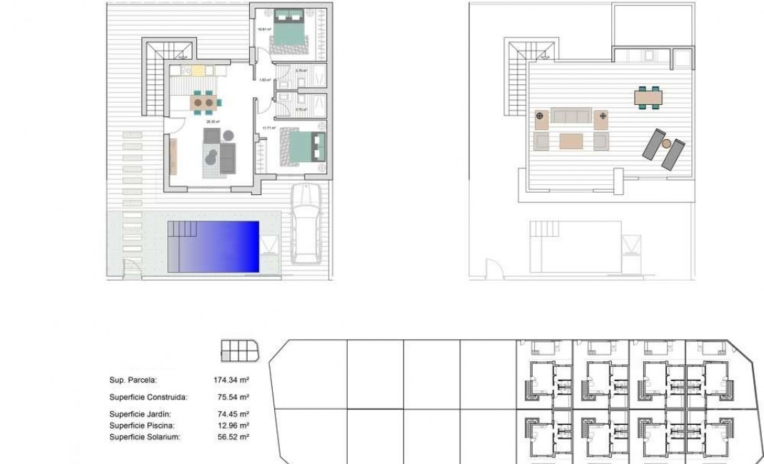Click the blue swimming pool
pyautogui.click(x=214, y=246)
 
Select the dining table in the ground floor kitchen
pyautogui.click(x=203, y=103)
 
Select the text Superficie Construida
pyautogui.click(x=149, y=397)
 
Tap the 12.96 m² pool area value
pyautogui.click(x=232, y=425)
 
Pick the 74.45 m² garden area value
pyautogui.click(x=232, y=414)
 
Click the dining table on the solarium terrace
pyautogui.click(x=648, y=96)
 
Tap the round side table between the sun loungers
pyautogui.click(x=666, y=143)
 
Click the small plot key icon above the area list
pyautogui.click(x=239, y=350)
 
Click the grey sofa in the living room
pyautogui.click(x=228, y=158)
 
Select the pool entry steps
pyautogui.click(x=182, y=229)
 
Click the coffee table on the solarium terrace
pyautogui.click(x=571, y=141)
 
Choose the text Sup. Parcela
pyautogui.click(x=133, y=380)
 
